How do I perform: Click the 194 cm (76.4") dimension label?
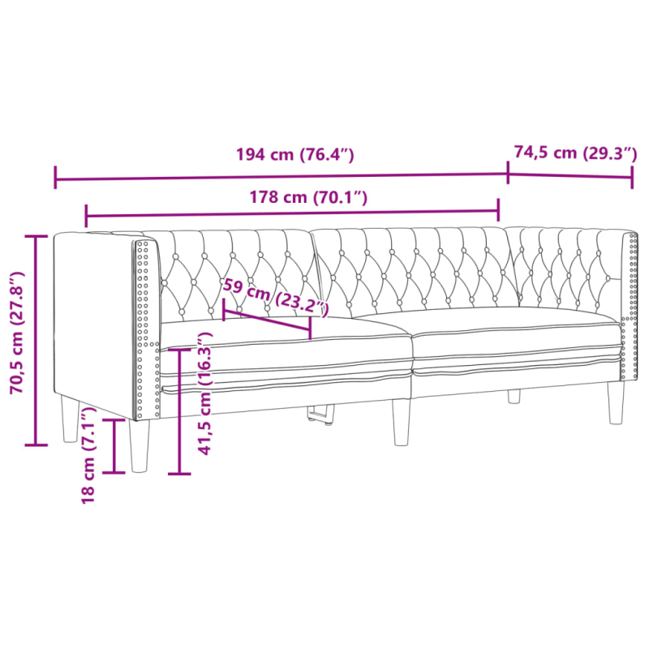294,155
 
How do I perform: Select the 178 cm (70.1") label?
310,197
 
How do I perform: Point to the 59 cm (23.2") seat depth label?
276,295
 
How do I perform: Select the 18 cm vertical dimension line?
114,445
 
